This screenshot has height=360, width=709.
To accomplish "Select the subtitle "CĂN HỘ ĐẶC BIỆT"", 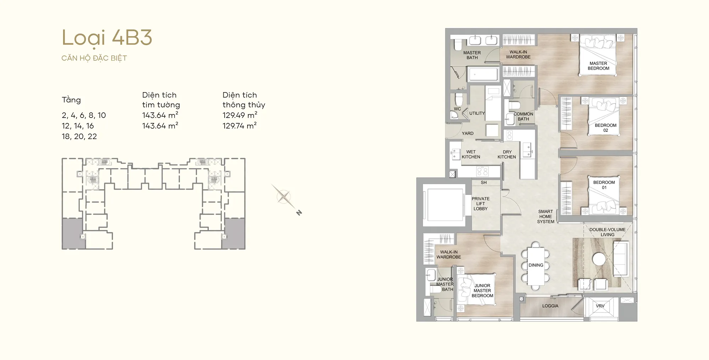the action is coord(94,58).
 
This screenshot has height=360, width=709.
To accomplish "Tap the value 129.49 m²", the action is coord(240,115).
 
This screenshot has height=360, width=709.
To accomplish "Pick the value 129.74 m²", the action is coord(240,126).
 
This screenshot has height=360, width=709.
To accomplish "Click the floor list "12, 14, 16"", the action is coord(78,126).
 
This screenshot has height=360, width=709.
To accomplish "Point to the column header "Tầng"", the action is coord(71,100).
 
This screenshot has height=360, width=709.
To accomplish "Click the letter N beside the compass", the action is coord(299,213).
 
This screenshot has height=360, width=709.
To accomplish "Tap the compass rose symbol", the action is coord(283,196).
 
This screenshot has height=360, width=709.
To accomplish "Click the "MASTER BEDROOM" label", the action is coord(598,66).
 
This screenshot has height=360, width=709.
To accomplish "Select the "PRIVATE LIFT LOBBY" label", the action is coord(480,204).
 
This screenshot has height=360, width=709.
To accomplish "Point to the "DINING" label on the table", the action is coord(536,265).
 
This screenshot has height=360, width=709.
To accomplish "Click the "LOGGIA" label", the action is coord(550,306).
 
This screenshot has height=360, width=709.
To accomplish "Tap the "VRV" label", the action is coord(600,306).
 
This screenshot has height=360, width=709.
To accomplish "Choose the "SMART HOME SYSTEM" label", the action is coord(546,216).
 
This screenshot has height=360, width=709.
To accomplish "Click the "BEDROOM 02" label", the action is coord(605,128).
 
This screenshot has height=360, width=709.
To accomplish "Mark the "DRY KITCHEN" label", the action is coord(507,154).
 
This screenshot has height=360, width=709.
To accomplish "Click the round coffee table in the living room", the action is coord(599,259).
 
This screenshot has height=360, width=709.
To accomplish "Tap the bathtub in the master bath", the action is coord(483,75).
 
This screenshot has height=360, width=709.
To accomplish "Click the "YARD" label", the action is coord(468,134).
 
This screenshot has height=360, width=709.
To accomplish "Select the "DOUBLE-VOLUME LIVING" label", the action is coord(608,232).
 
